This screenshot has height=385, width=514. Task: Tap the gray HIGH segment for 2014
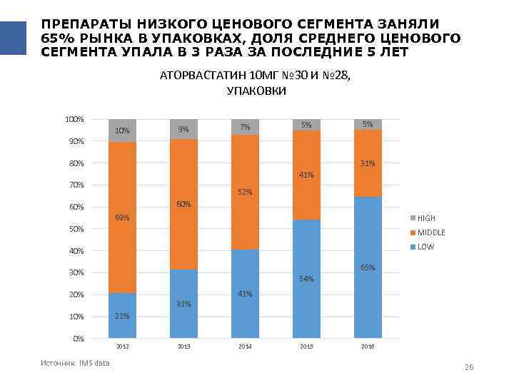click(245, 127)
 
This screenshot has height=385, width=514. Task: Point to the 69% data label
click(122, 217)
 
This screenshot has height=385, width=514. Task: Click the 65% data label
click(368, 267)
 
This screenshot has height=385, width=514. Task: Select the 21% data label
click(122, 316)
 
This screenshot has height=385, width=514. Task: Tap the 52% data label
click(245, 192)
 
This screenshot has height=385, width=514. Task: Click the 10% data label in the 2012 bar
click(122, 130)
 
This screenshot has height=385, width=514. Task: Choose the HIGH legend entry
click(426, 218)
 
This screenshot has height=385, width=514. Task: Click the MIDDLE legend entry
click(430, 232)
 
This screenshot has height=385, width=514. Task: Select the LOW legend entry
click(425, 247)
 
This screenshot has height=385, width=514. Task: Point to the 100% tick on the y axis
click(75, 119)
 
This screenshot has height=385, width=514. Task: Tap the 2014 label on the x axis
click(245, 346)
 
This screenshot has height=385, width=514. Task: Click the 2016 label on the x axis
click(368, 346)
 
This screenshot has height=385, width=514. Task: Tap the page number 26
click(469, 366)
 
